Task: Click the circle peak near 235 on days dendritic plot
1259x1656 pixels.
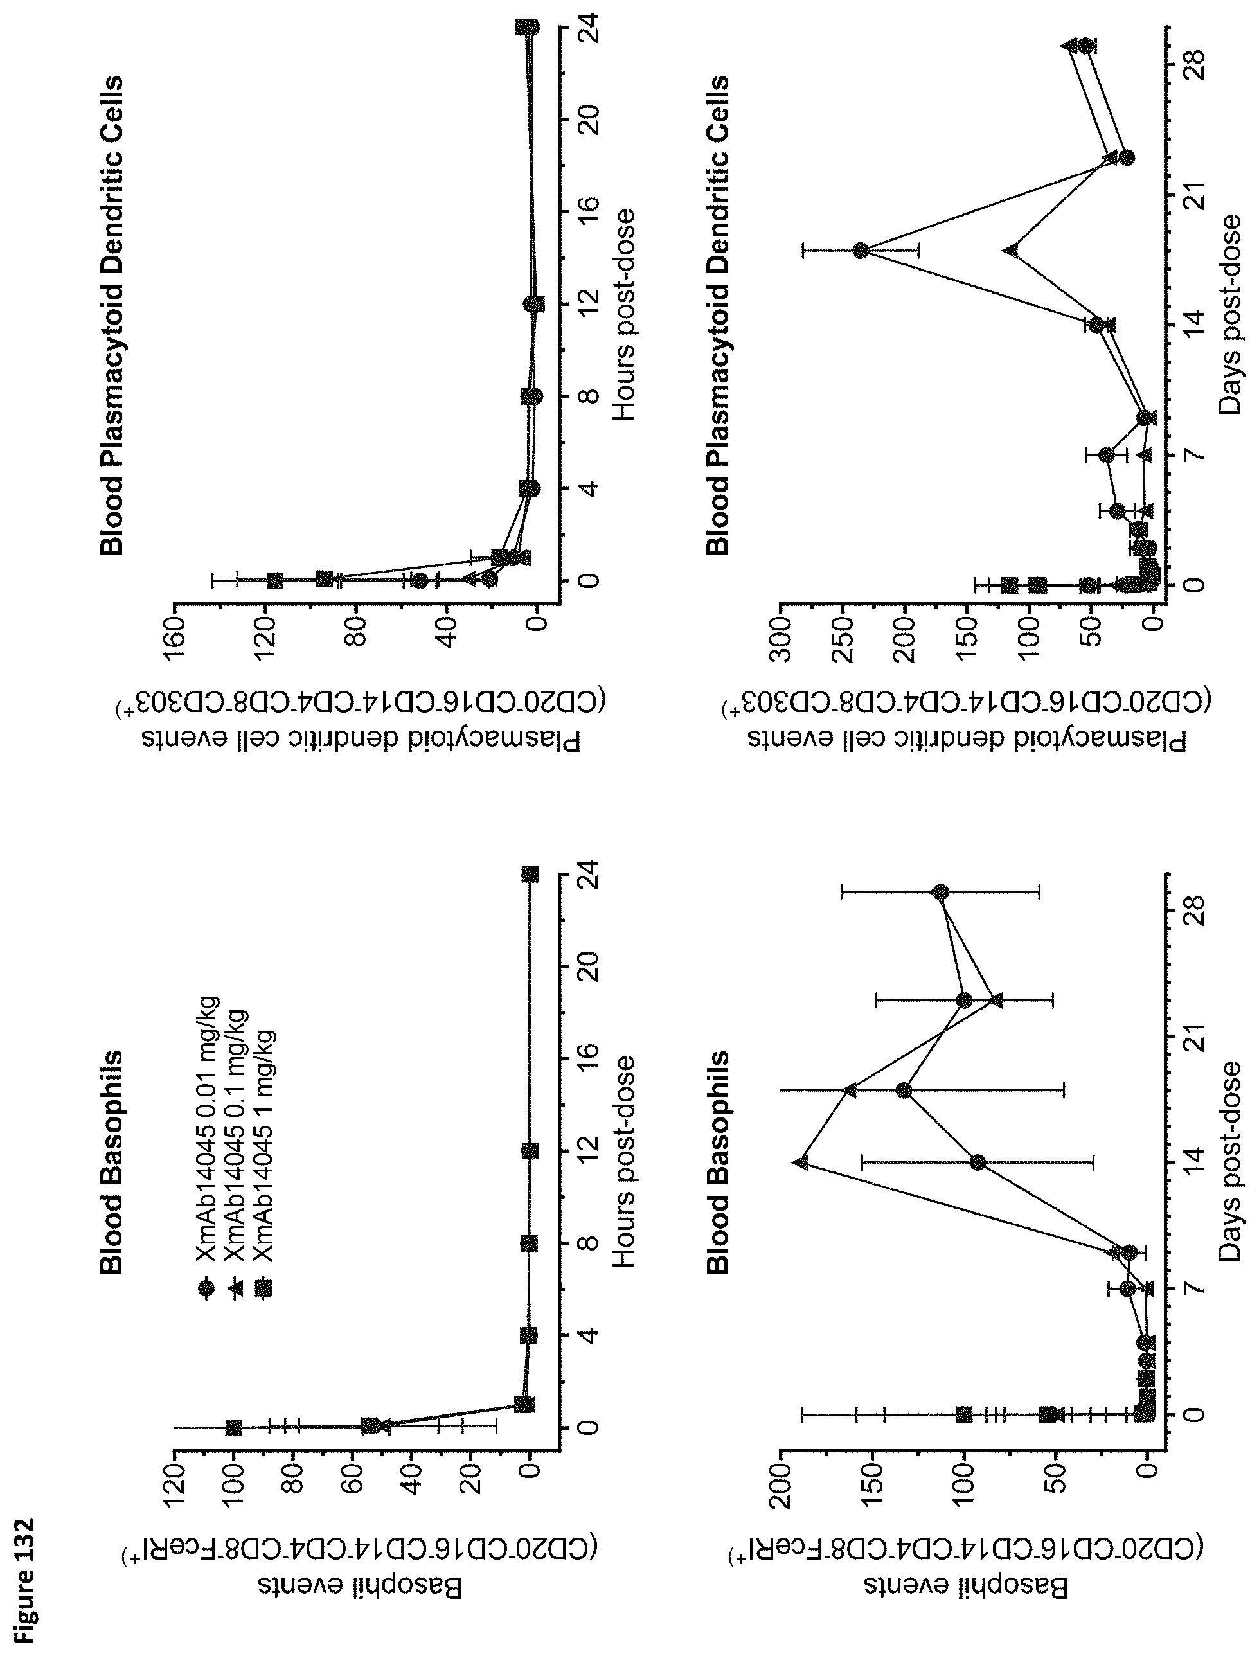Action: [x=861, y=250]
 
